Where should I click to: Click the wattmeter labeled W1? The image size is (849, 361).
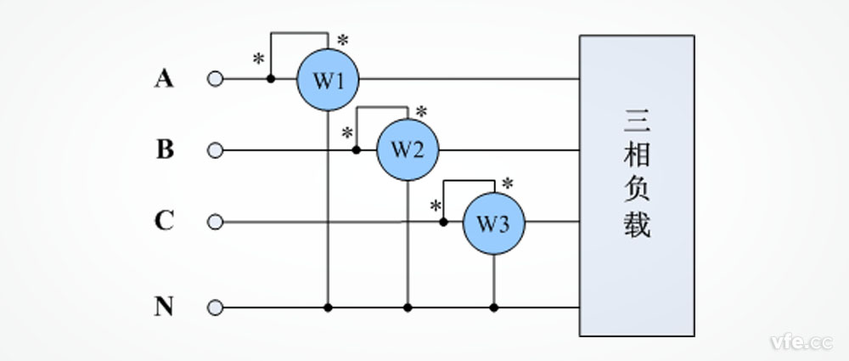327,80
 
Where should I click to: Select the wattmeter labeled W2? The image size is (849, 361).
408,150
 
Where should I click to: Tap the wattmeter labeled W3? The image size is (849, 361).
493,223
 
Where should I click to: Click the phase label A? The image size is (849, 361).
164,79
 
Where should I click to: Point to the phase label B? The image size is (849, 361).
165,150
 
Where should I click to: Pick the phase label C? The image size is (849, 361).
164,222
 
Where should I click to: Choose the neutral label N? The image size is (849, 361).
164,307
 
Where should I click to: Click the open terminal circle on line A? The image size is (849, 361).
216,79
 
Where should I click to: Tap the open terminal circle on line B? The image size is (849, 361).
216,150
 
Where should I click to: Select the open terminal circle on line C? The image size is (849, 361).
216,223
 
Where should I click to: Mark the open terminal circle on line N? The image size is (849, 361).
216,307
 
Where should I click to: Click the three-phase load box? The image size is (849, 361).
637,185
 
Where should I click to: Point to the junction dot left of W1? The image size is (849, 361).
271,79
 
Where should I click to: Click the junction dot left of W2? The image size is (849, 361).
357,150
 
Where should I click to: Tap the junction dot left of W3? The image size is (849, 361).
443,223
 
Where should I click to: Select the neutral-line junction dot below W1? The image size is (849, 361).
328,307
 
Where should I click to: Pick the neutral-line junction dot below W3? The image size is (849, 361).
494,307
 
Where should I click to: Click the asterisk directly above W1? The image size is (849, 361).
343,40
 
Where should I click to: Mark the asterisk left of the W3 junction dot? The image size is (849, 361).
436,206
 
